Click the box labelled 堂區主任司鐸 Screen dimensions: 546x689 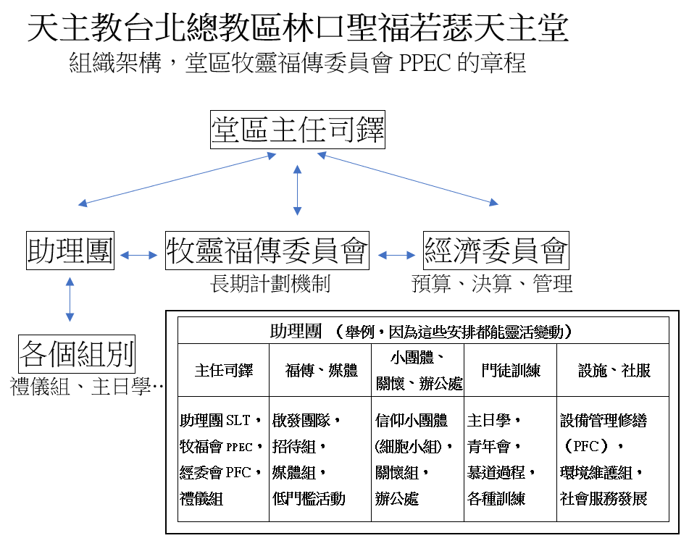pyautogui.click(x=297, y=130)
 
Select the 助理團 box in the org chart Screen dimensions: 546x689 pyautogui.click(x=70, y=251)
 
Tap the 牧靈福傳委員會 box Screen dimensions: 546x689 pyautogui.click(x=267, y=251)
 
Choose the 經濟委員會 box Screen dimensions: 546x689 pyautogui.click(x=496, y=251)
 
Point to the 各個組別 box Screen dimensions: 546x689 pyautogui.click(x=77, y=356)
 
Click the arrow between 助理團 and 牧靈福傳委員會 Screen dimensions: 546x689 pyautogui.click(x=139, y=255)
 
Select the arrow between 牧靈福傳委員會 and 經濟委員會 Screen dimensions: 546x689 pyautogui.click(x=396, y=255)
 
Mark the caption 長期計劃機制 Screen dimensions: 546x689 pyautogui.click(x=270, y=284)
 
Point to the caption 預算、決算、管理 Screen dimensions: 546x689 pyautogui.click(x=492, y=284)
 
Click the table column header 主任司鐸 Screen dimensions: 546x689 pyautogui.click(x=224, y=371)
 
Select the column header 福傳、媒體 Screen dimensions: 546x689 pyautogui.click(x=322, y=371)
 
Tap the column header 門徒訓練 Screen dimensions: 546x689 pyautogui.click(x=511, y=371)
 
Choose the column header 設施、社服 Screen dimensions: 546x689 pyautogui.click(x=614, y=371)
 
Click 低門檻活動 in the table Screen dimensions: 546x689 pyautogui.click(x=309, y=498)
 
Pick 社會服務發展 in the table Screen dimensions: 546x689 pyautogui.click(x=604, y=499)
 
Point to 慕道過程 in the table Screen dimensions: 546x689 pyautogui.click(x=501, y=472)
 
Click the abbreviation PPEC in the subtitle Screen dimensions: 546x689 pyautogui.click(x=426, y=63)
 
